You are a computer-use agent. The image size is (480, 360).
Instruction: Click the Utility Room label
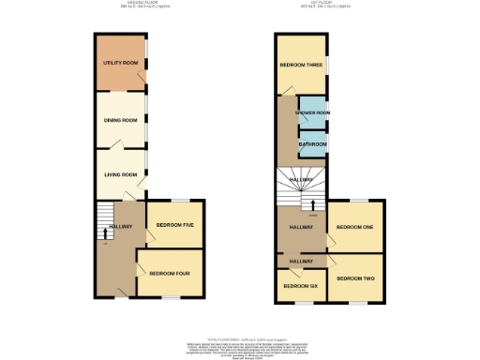[x=120, y=64]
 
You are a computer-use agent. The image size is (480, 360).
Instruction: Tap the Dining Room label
[x=120, y=121]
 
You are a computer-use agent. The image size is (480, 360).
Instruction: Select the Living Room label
[x=120, y=175]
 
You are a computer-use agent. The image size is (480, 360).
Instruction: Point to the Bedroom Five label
[x=174, y=226]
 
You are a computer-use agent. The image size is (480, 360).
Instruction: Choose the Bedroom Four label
[x=169, y=273]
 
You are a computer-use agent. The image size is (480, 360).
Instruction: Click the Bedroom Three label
[x=300, y=65]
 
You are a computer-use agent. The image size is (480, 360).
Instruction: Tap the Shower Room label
[x=312, y=113]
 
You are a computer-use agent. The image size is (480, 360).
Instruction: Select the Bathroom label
[x=312, y=145]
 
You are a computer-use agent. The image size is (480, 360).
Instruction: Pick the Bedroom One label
[x=355, y=228]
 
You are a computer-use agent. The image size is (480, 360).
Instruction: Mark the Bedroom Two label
[x=355, y=278]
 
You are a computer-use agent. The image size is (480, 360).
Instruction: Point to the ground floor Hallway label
[x=120, y=227]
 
